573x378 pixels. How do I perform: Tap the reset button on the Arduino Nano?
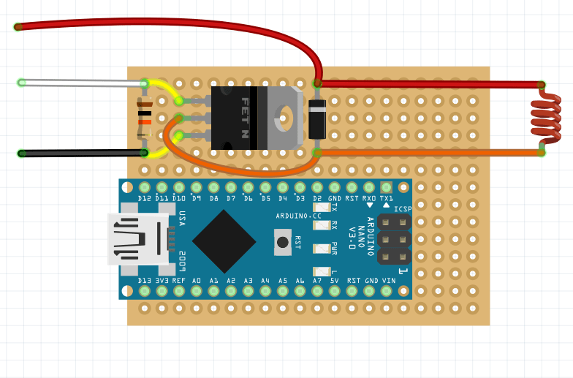pyautogui.click(x=282, y=241)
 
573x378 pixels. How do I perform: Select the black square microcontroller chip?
pyautogui.click(x=224, y=241)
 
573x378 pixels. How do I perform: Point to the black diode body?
pyautogui.click(x=316, y=118)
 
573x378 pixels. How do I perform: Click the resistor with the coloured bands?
pyautogui.click(x=145, y=118)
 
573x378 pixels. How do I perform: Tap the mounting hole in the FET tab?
pyautogui.click(x=285, y=115)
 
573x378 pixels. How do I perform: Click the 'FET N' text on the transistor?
pyautogui.click(x=245, y=118)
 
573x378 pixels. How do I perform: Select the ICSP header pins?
pyautogui.click(x=394, y=239)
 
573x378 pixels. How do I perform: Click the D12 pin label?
pyautogui.click(x=145, y=199)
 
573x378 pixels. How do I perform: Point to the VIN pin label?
pyautogui.click(x=387, y=281)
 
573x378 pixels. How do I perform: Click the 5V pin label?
pyautogui.click(x=335, y=281)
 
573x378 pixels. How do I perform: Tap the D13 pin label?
pyautogui.click(x=145, y=281)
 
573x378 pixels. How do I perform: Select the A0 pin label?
pyautogui.click(x=197, y=281)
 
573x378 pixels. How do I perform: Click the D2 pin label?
pyautogui.click(x=317, y=199)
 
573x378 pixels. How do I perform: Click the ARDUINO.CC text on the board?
pyautogui.click(x=299, y=216)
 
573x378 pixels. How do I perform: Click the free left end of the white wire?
pyautogui.click(x=22, y=82)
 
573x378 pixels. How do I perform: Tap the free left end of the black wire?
pyautogui.click(x=21, y=153)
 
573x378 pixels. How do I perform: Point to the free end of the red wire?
pyautogui.click(x=18, y=27)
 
